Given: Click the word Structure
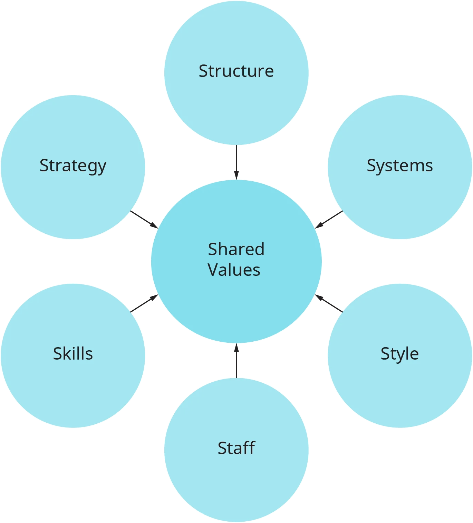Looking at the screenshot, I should (x=236, y=71).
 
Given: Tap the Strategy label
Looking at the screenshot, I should (x=73, y=166).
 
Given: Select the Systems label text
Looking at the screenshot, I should (x=399, y=166).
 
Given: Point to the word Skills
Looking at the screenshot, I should (x=73, y=354).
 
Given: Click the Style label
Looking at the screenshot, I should (x=399, y=354).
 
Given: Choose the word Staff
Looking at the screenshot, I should (x=236, y=448).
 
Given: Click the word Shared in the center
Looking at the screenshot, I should (x=236, y=249).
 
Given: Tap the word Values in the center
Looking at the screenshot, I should (x=234, y=270).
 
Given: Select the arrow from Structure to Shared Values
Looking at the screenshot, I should (x=236, y=162).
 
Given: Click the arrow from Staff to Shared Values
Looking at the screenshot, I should (x=236, y=361).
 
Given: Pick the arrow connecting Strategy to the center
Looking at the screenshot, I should (x=144, y=219).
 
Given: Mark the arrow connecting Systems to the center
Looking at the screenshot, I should (x=329, y=219).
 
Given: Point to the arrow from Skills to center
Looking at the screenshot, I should (x=144, y=303).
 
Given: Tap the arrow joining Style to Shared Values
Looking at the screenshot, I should (x=329, y=303).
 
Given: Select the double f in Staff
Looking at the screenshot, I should (x=249, y=447).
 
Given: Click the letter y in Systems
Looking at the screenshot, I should (x=378, y=167).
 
